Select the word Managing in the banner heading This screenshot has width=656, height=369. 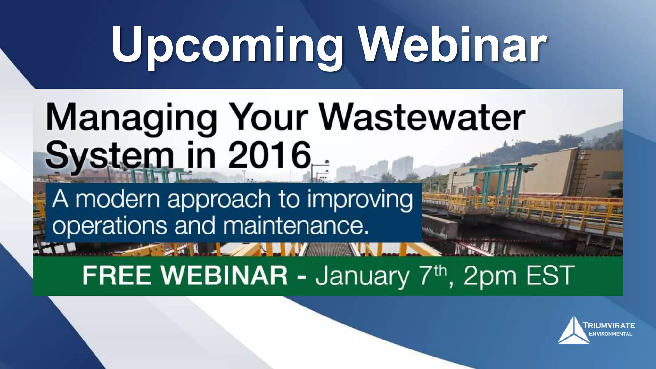click(x=131, y=118)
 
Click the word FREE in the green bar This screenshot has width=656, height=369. click(x=117, y=275)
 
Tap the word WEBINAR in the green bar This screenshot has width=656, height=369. click(x=224, y=275)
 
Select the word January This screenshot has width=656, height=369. click(x=362, y=276)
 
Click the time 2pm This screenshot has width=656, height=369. click(x=490, y=276)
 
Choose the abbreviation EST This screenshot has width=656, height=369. click(x=550, y=275)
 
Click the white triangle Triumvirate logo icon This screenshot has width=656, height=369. click(x=574, y=332)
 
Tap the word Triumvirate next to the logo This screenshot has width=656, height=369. click(x=609, y=325)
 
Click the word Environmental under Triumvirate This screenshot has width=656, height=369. click(x=611, y=334)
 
